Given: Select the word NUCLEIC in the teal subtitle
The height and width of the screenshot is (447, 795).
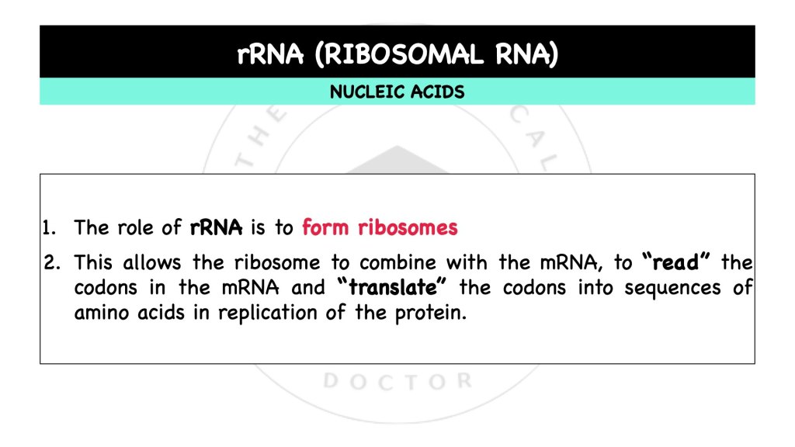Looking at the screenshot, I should (x=364, y=92).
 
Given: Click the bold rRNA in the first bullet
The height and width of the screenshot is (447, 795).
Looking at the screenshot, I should (x=217, y=228).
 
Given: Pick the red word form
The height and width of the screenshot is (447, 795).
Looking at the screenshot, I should (x=325, y=228).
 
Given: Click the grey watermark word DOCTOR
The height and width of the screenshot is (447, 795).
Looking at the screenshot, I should (x=397, y=382).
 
